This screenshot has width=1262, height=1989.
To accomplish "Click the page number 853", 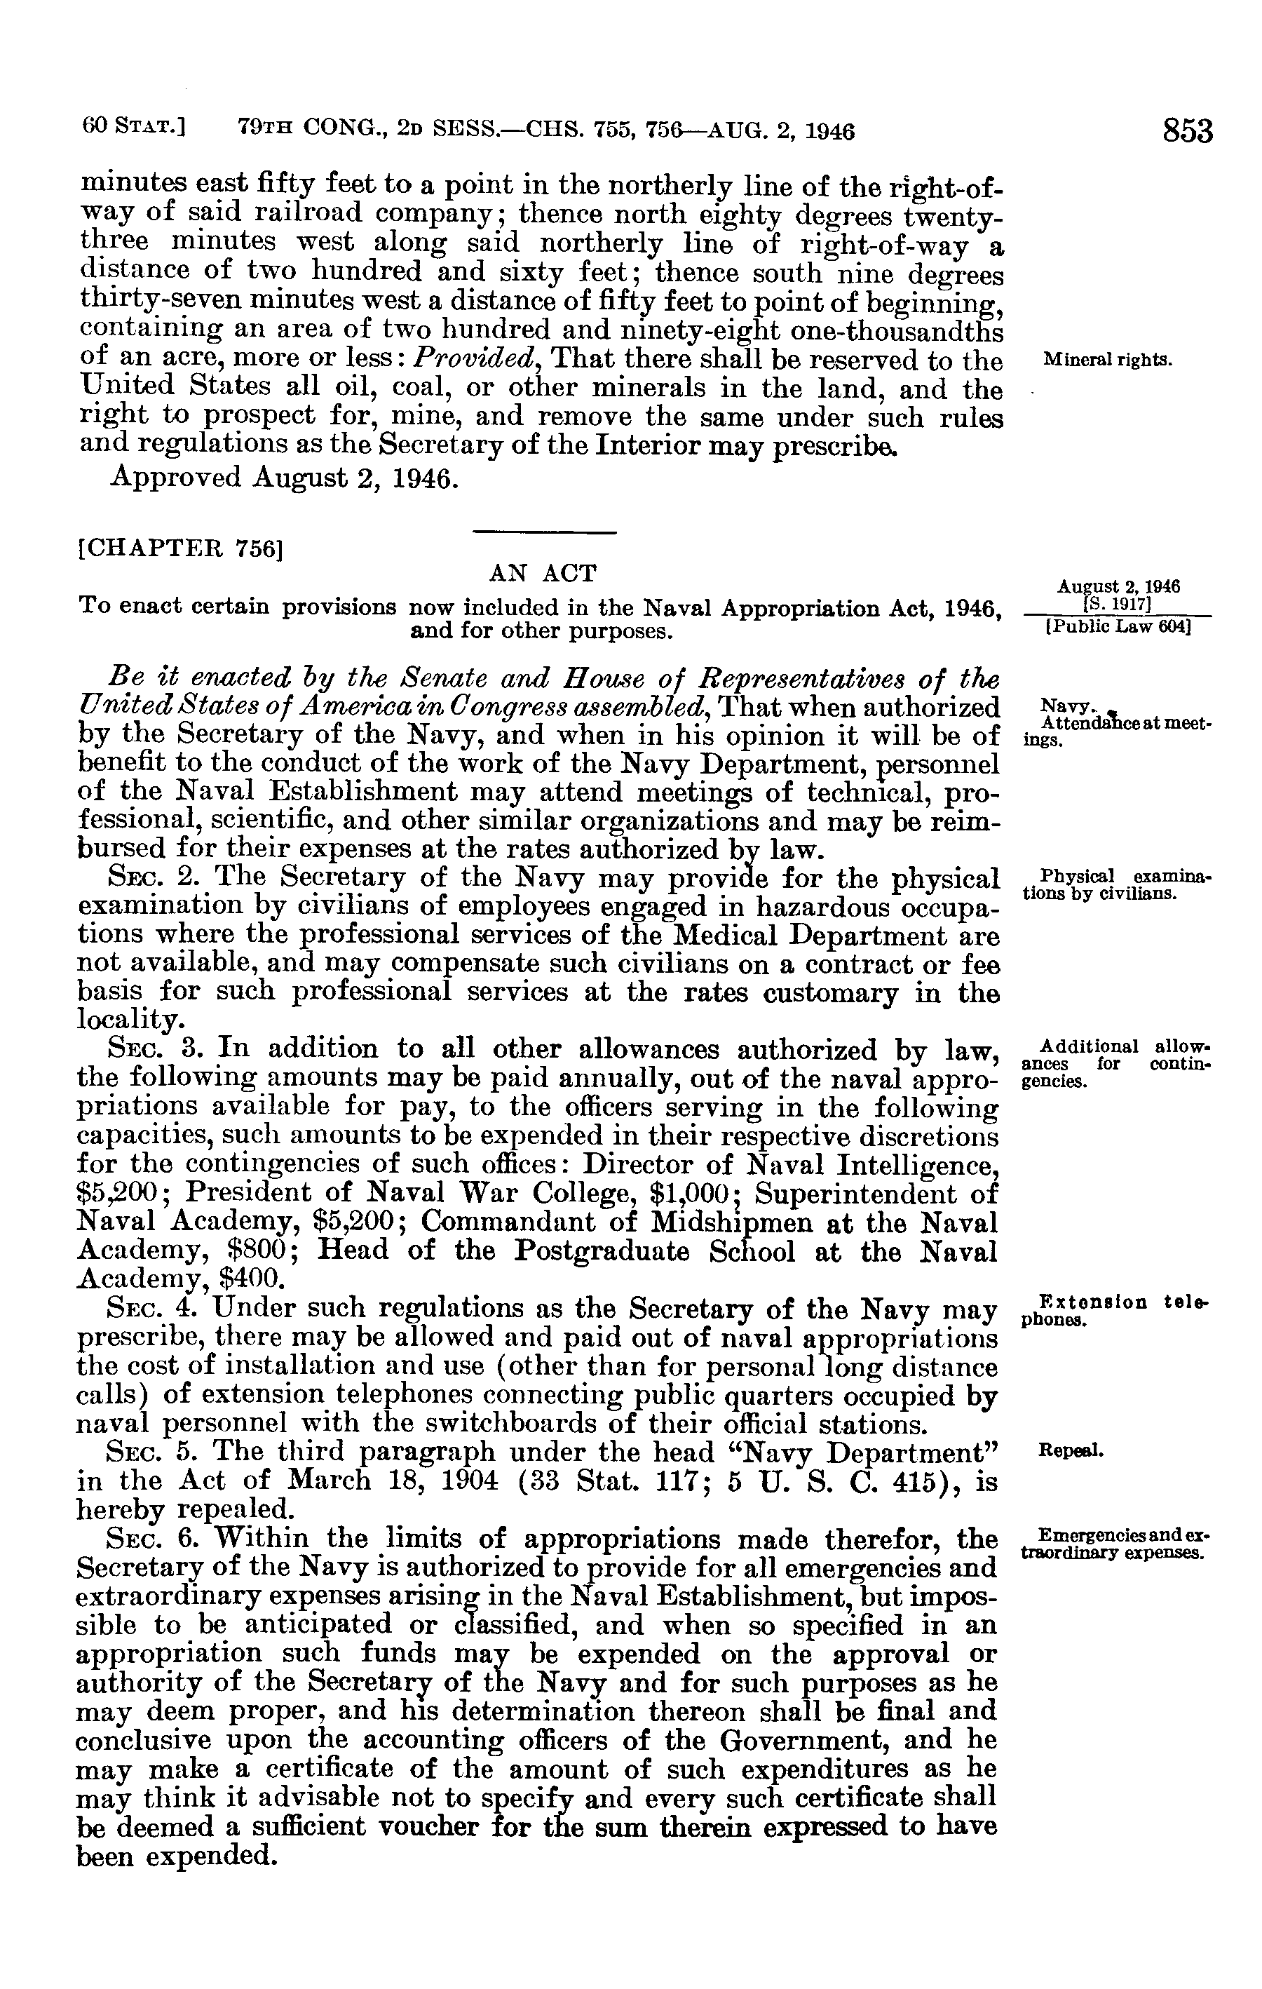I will [x=1188, y=131].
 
